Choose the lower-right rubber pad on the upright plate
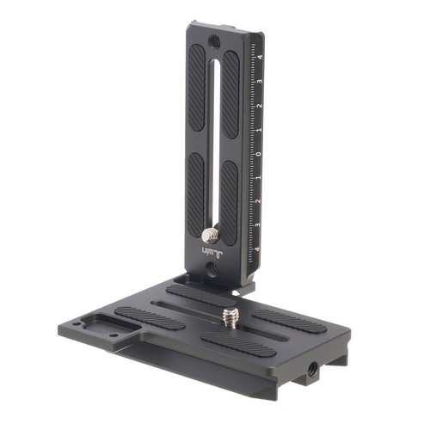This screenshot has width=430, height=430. pos(230,198)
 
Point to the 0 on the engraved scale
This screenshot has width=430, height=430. pos(258,155)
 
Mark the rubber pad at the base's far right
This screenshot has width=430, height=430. pos(288,318)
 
